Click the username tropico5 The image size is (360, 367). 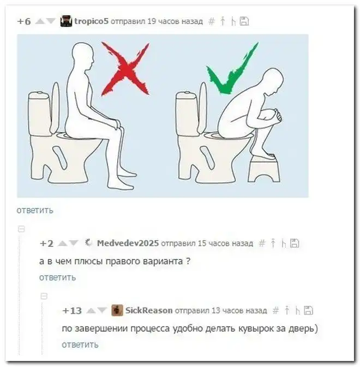pos(92,21)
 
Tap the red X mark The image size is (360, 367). pos(125,69)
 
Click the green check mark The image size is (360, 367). pos(232,68)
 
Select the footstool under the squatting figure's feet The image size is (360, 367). pos(264,169)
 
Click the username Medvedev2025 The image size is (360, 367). pos(128,243)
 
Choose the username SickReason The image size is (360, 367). pos(149,310)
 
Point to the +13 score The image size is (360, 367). pos(72,311)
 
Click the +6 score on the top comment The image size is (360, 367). pos(24,21)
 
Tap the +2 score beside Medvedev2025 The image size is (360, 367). pos(47,244)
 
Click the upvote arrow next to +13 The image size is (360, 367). pos(91,311)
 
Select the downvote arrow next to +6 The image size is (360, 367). pos(51,21)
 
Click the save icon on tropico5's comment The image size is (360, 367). pos(244,21)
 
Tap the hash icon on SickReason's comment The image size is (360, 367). pos(276,311)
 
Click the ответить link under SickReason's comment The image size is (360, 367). pos(80,345)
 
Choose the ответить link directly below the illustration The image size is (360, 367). pos(35,210)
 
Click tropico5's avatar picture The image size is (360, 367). pos(66,21)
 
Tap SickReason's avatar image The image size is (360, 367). pos(117,310)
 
